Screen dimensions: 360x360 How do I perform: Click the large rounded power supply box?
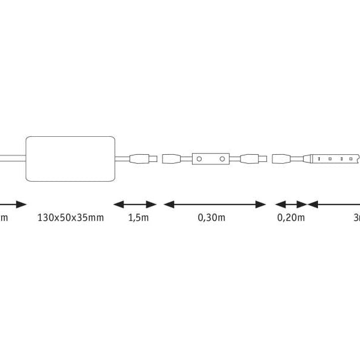tap(70, 158)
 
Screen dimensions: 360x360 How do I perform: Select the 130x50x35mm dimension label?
tap(70, 217)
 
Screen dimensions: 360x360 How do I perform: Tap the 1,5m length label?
tap(138, 217)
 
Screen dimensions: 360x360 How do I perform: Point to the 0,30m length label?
tap(211, 217)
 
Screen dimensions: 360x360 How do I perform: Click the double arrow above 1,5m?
tap(135, 204)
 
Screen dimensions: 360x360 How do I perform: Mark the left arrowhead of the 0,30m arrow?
tap(169, 204)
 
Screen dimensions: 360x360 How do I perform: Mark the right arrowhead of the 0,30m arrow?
tap(260, 204)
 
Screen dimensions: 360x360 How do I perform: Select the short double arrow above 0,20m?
tap(290, 204)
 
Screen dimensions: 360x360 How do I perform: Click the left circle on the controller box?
tap(199, 159)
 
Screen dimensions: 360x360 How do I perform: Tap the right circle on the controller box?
tap(222, 159)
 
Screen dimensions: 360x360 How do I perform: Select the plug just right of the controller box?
tap(254, 159)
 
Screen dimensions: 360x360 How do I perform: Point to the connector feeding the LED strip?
tap(282, 159)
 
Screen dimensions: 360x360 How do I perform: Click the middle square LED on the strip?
tap(340, 159)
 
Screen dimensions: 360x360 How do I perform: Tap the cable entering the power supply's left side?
tap(12, 158)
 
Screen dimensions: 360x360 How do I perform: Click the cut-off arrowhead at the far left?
tap(21, 204)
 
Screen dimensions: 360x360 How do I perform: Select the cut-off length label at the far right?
tap(356, 217)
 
